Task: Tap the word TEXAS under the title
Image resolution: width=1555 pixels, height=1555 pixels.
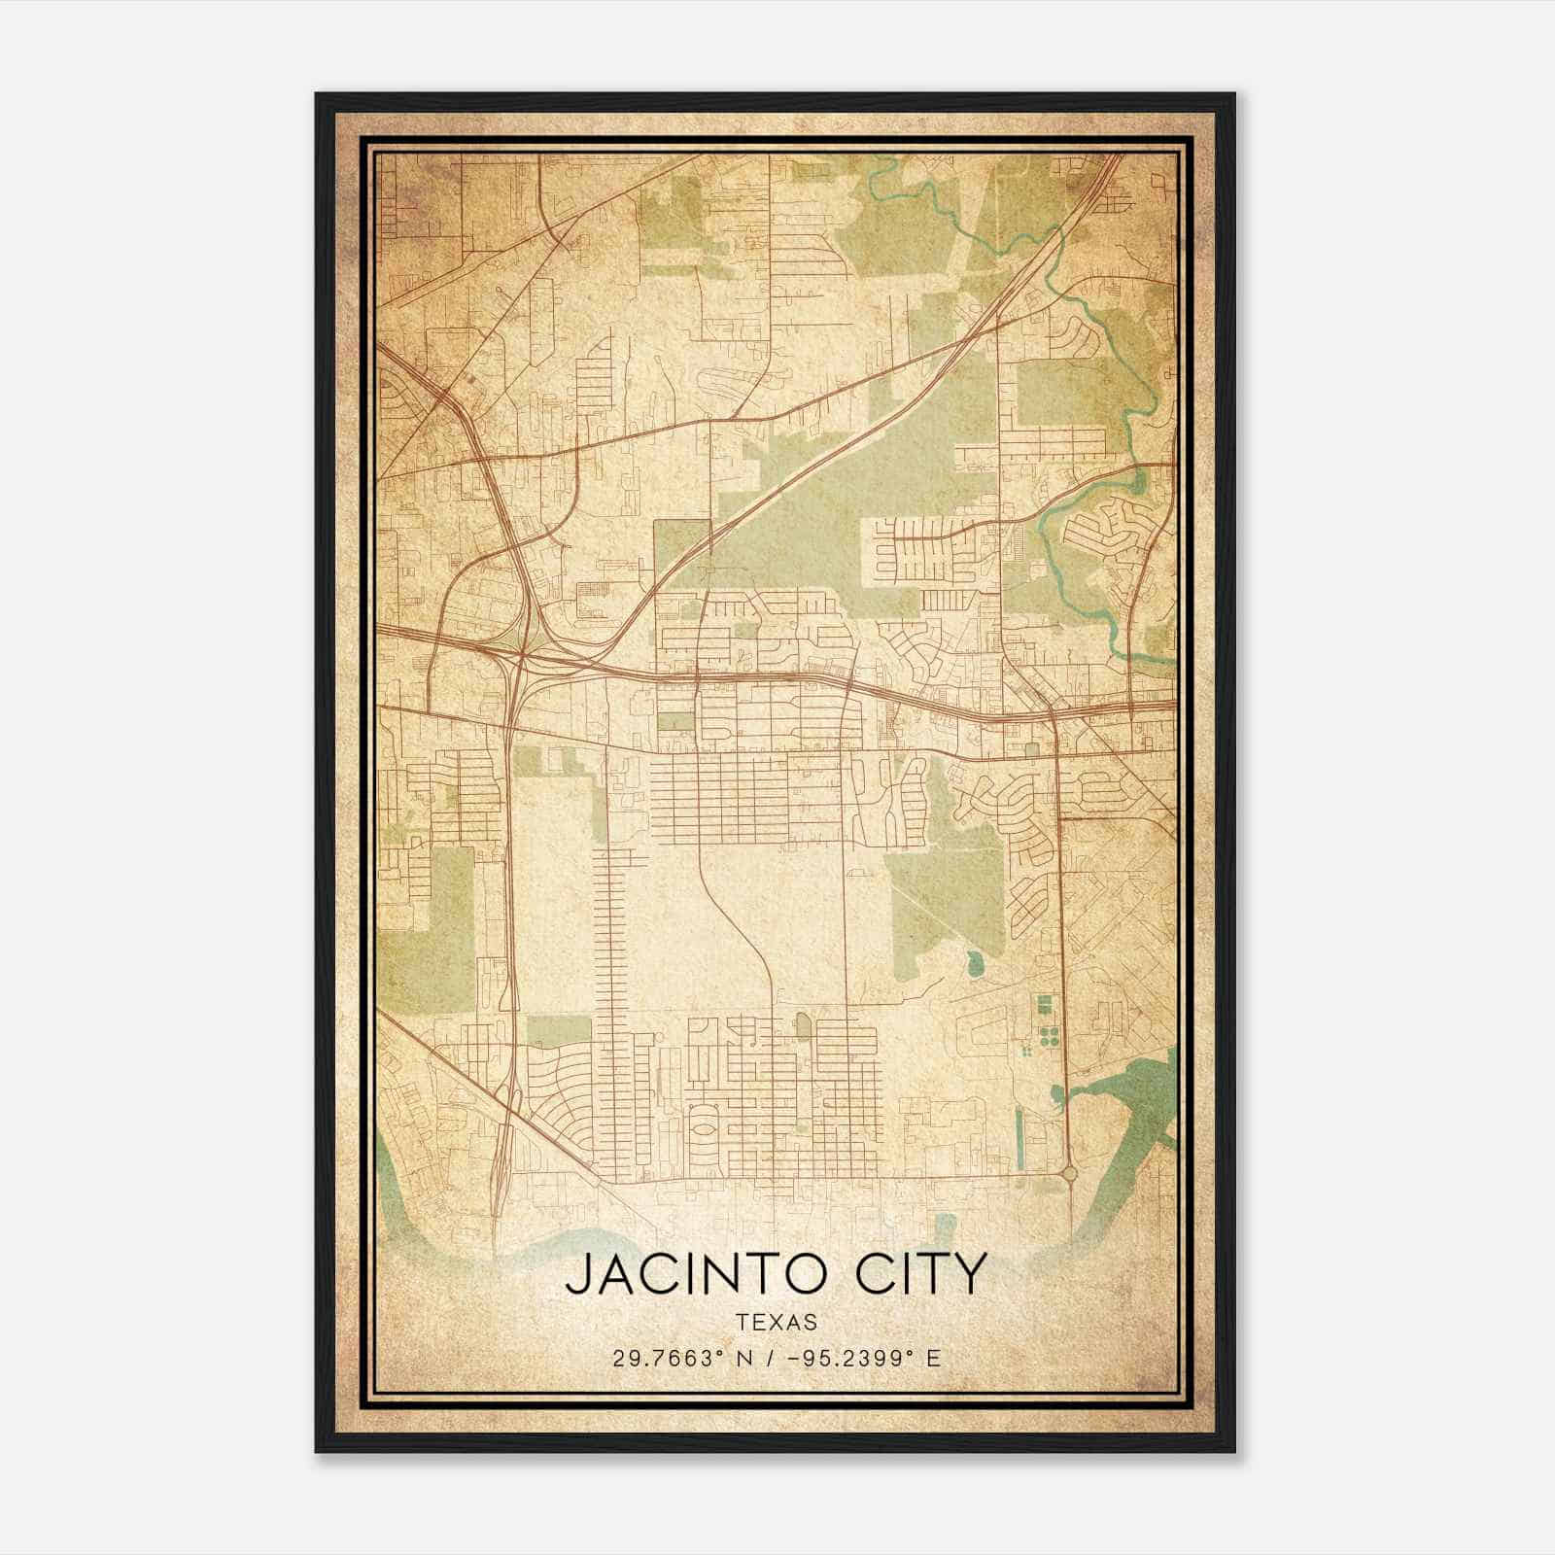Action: tap(777, 1323)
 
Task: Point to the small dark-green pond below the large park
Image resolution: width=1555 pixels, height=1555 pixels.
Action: tap(975, 964)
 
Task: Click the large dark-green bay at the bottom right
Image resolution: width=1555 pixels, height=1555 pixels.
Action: tap(1127, 1108)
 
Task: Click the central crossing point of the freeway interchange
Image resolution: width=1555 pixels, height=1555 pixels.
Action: tap(521, 660)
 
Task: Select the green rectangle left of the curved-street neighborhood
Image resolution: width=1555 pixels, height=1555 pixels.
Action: tap(559, 1030)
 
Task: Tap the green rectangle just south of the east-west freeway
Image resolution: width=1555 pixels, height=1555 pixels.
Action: tap(676, 722)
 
